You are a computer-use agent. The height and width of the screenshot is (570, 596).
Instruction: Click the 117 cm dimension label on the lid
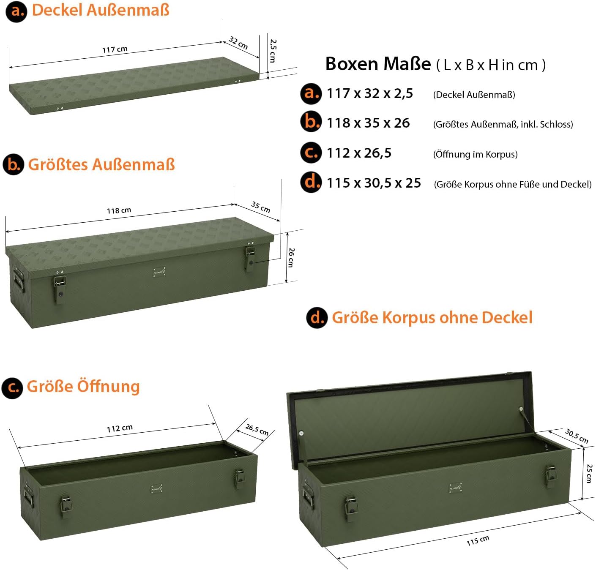115,49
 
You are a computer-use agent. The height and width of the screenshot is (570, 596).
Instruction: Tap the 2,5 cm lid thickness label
273,51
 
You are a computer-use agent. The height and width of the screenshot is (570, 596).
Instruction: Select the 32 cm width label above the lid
238,43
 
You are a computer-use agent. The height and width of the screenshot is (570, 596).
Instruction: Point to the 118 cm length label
119,210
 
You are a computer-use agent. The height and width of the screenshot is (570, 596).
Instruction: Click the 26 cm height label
291,258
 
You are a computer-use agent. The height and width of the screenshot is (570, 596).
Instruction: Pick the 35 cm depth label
261,207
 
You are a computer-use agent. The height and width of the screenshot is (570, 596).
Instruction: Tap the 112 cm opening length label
120,428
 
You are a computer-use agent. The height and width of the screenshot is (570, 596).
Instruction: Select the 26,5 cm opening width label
257,429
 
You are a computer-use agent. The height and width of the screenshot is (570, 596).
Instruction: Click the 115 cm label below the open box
478,540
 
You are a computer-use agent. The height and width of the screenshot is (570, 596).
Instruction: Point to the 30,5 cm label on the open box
577,436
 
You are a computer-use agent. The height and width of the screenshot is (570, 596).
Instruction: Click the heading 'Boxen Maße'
378,64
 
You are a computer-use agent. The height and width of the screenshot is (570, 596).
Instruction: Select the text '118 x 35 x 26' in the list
368,123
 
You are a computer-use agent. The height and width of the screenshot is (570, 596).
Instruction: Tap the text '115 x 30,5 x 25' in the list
374,183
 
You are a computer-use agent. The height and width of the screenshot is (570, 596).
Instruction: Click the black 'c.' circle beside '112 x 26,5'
311,153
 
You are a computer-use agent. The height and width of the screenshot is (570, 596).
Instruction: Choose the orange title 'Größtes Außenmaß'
101,164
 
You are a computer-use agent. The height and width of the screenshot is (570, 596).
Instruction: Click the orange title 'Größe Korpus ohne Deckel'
432,317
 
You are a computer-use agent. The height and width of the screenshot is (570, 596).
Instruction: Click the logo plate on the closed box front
159,272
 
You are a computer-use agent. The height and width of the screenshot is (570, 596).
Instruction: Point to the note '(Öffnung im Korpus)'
476,154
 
